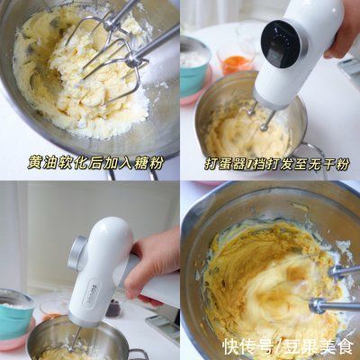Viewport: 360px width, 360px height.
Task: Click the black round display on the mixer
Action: [x=282, y=46]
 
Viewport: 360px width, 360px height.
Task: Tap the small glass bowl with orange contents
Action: [x=236, y=58]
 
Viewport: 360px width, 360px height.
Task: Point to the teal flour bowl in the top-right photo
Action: [x=195, y=68]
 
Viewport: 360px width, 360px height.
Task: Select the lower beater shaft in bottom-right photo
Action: [x=334, y=306]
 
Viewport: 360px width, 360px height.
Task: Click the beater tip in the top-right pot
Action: [x=264, y=128]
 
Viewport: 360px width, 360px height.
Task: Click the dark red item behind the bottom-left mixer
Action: [x=113, y=309]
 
